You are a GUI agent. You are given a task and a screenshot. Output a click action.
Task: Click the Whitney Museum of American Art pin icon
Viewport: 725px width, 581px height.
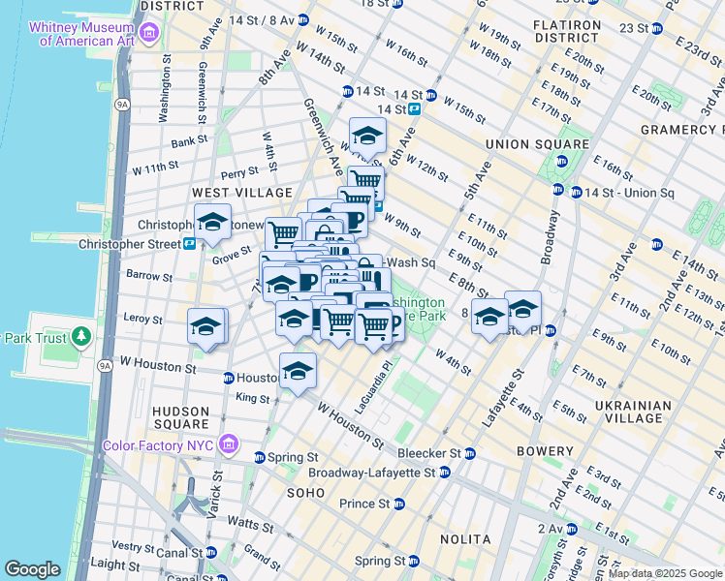[x=148, y=35]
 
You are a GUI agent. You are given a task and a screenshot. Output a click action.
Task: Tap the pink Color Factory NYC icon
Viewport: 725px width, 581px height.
[x=229, y=444]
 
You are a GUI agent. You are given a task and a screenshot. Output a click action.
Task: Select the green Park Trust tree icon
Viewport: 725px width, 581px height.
[x=81, y=337]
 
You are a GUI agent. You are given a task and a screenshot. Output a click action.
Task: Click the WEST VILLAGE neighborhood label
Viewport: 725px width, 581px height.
[x=241, y=194]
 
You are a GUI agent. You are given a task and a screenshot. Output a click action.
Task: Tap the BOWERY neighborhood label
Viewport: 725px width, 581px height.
[x=545, y=451]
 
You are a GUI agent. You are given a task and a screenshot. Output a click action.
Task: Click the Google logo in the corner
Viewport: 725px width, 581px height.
[x=32, y=568]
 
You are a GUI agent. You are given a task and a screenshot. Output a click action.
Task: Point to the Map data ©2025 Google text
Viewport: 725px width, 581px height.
[x=664, y=573]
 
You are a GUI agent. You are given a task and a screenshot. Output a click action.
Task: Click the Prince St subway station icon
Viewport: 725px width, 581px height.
[x=397, y=504]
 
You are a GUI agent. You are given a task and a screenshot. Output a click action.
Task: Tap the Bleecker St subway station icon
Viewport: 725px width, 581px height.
[x=469, y=453]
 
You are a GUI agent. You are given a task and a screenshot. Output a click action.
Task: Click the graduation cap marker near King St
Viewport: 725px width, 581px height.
[x=299, y=371]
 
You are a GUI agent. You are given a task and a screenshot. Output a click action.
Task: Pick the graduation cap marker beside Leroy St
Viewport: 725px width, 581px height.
[x=206, y=326]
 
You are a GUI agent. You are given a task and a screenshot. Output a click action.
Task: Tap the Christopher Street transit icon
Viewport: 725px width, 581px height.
[x=189, y=244]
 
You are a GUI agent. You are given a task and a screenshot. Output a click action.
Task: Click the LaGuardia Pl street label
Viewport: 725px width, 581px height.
[x=372, y=388]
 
